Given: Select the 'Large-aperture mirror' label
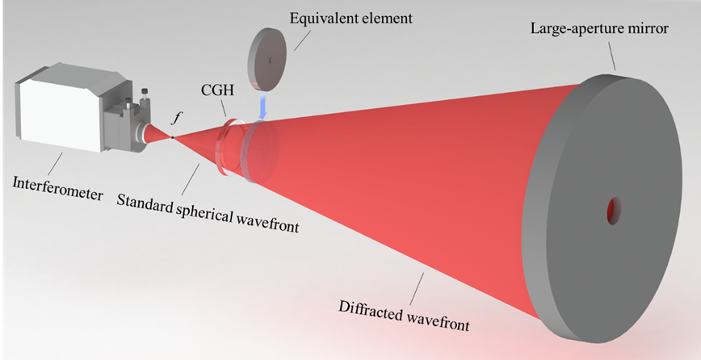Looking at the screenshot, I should coord(594,29).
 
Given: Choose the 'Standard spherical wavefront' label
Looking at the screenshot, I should coord(208,213).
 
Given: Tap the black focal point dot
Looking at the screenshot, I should coord(172,137).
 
